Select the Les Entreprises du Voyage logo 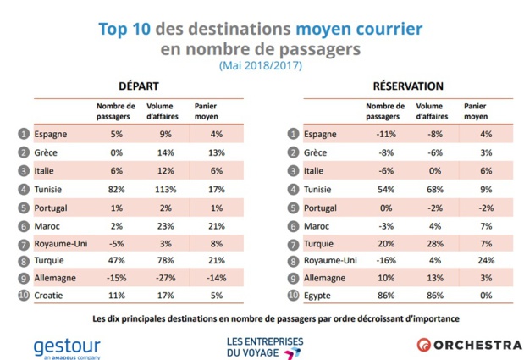tap(264, 346)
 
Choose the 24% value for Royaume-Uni tap(477, 260)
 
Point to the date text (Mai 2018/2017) tap(261, 65)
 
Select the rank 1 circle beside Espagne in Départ tap(23, 134)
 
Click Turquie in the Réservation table tap(319, 242)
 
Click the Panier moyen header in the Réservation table tap(476, 112)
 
